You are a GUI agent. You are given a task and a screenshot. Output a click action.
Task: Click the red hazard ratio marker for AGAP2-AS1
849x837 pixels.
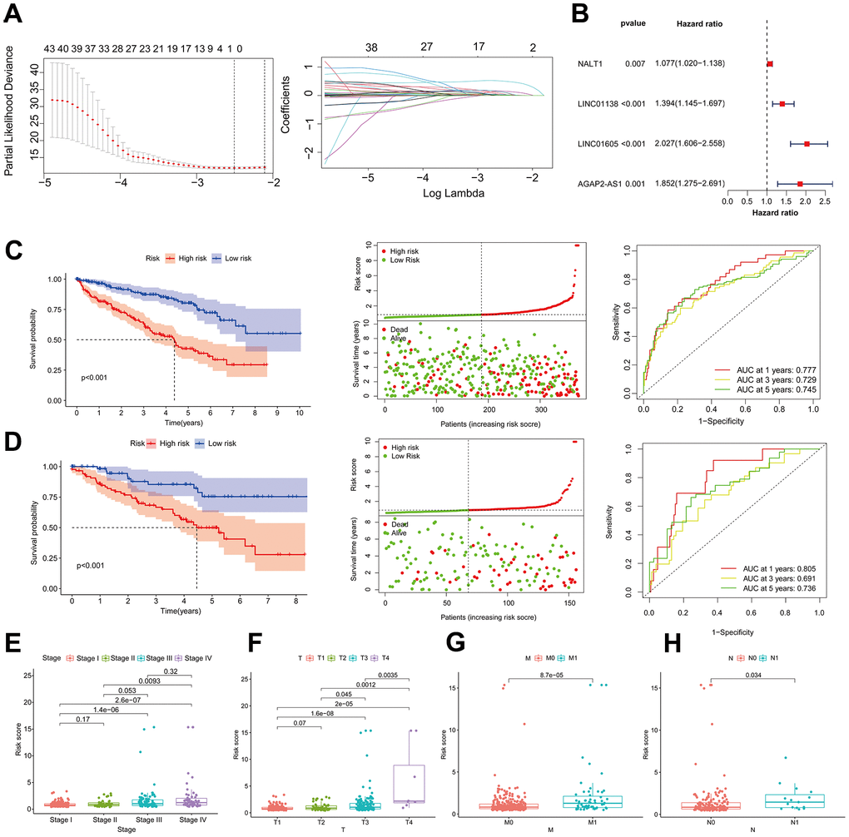pos(800,183)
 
